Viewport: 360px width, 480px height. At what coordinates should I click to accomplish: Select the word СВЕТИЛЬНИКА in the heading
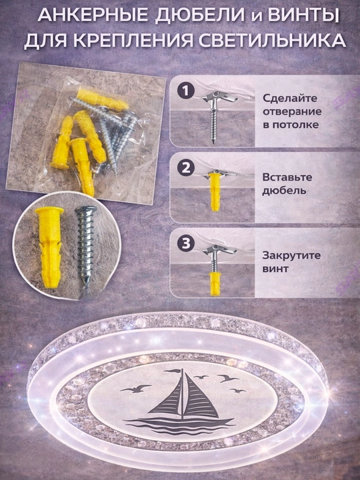(x=270, y=41)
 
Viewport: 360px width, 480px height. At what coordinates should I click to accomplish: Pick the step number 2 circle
(x=185, y=168)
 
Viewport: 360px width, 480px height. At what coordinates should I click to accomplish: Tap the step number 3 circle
(x=185, y=244)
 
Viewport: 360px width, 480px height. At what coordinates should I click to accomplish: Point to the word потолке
(x=290, y=125)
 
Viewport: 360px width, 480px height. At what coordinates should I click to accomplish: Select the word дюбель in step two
(x=280, y=191)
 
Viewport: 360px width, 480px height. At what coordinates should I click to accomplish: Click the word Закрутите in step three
(x=291, y=255)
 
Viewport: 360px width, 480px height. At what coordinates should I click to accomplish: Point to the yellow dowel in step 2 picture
(x=215, y=191)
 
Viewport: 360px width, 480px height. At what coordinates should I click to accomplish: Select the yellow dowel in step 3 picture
(x=215, y=283)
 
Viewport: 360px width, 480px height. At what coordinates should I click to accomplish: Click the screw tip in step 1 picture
(x=214, y=142)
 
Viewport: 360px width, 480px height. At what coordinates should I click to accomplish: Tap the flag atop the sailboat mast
(x=173, y=371)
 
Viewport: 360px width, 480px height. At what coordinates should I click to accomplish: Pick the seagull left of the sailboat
(x=136, y=389)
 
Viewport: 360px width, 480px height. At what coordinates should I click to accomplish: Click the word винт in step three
(x=275, y=269)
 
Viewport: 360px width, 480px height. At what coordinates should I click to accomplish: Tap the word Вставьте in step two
(x=287, y=177)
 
